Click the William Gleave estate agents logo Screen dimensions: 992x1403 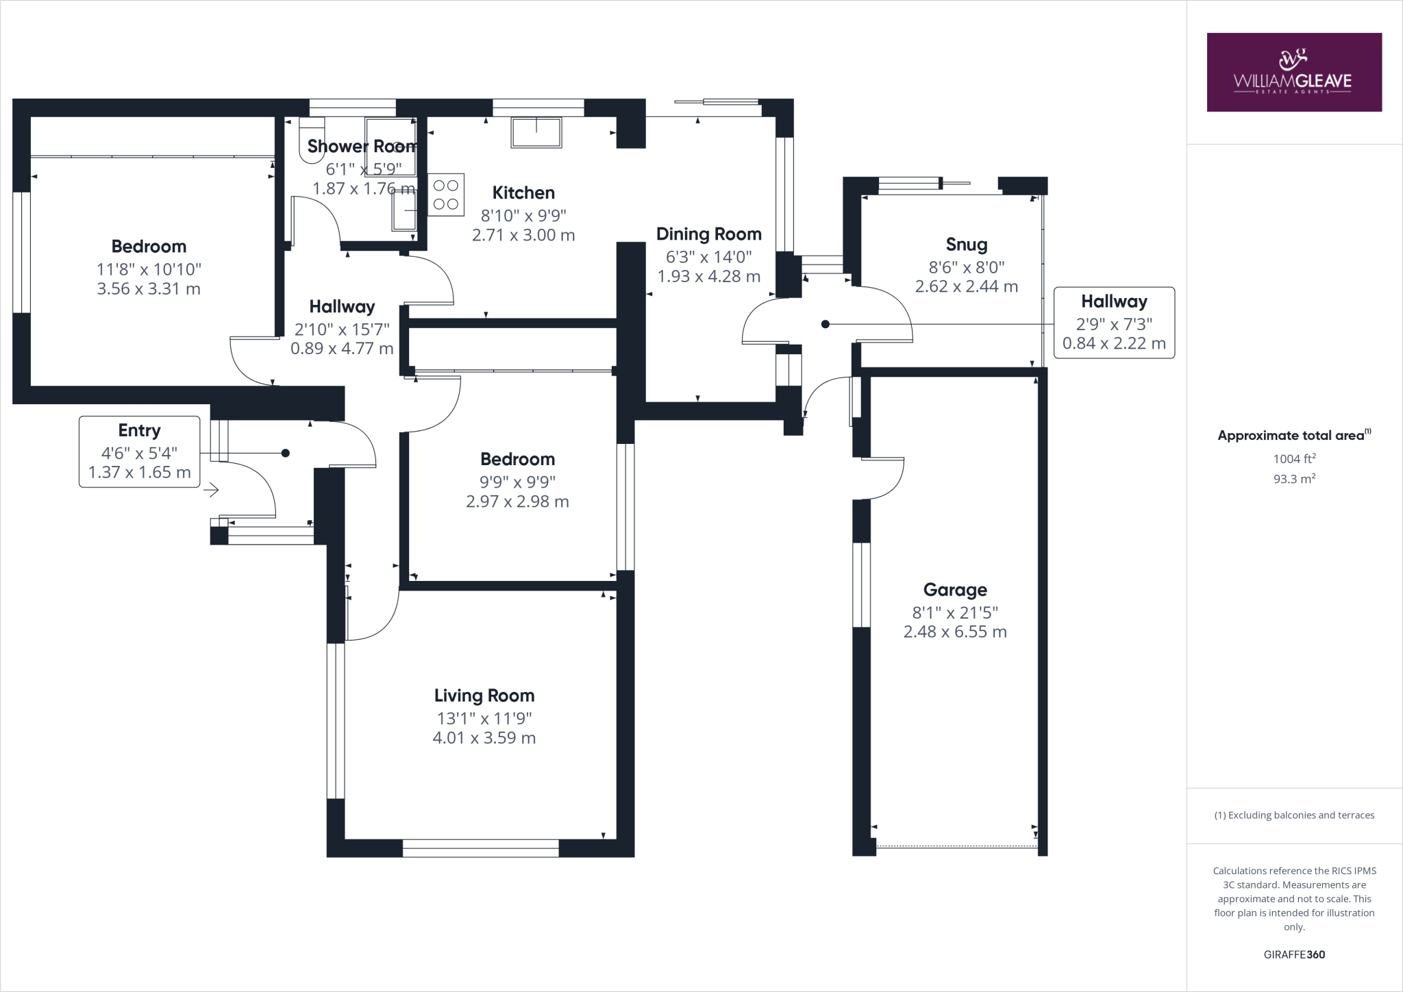(x=1293, y=73)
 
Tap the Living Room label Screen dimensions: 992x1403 (x=484, y=695)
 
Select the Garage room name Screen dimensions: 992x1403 (x=954, y=589)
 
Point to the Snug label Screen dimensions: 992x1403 (x=966, y=244)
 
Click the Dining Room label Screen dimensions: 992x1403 (x=708, y=234)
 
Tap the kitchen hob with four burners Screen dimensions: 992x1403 (x=446, y=195)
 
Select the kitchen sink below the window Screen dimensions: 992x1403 (x=536, y=132)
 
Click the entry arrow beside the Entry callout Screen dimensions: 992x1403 (x=211, y=490)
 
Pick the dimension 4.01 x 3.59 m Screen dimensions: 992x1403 (x=484, y=738)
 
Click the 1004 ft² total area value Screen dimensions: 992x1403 (x=1294, y=459)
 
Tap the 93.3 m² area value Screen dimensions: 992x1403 (x=1294, y=479)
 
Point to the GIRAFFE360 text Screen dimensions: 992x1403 (x=1294, y=954)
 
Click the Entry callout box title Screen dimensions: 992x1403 (x=139, y=430)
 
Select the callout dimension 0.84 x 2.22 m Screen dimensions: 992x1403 (x=1114, y=343)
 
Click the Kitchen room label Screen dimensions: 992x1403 (x=523, y=193)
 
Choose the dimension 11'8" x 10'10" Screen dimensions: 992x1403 (x=149, y=269)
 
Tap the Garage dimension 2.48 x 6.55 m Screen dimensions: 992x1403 (x=954, y=632)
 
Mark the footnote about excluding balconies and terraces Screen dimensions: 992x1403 (x=1294, y=815)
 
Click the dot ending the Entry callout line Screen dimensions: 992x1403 (x=286, y=453)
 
